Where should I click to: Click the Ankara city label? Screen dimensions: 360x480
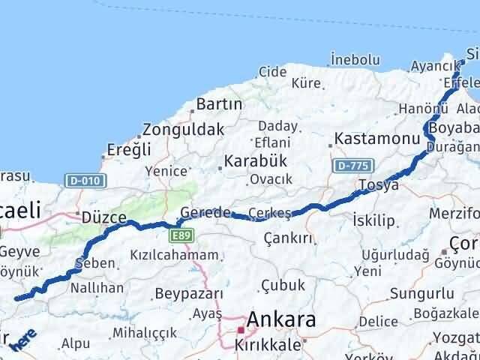coord(282,321)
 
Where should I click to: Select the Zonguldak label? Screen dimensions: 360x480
coord(183,129)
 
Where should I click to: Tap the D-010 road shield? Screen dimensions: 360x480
coord(85,181)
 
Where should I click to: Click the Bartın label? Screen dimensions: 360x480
coord(218,104)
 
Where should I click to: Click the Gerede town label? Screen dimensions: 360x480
coord(205,213)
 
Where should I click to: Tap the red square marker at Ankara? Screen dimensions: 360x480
coord(240,329)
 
